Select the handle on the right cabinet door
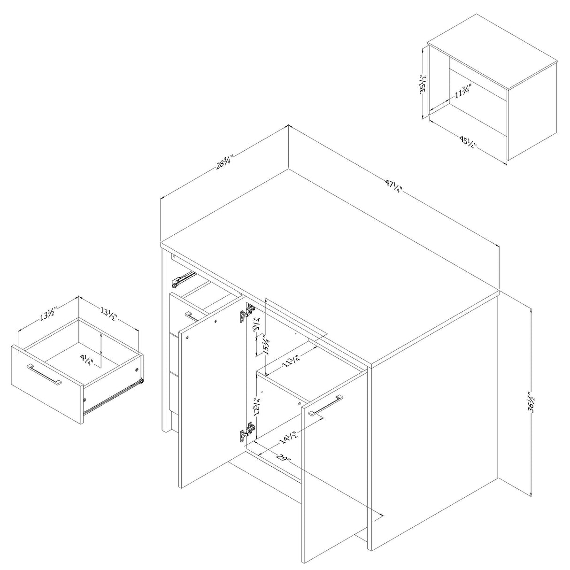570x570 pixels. coord(325,405)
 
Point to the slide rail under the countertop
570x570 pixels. coord(183,279)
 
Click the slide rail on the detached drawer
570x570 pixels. coord(115,396)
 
